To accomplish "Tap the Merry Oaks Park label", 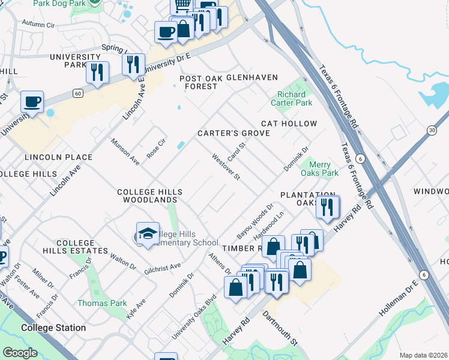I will coord(324,169).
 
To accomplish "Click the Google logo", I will coord(20,352).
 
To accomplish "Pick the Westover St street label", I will coord(226,167).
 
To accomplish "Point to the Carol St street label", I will coord(238,146).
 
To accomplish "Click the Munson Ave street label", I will coord(125,152).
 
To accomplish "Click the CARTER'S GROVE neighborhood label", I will coord(234,133).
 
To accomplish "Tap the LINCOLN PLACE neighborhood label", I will coord(58,157).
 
